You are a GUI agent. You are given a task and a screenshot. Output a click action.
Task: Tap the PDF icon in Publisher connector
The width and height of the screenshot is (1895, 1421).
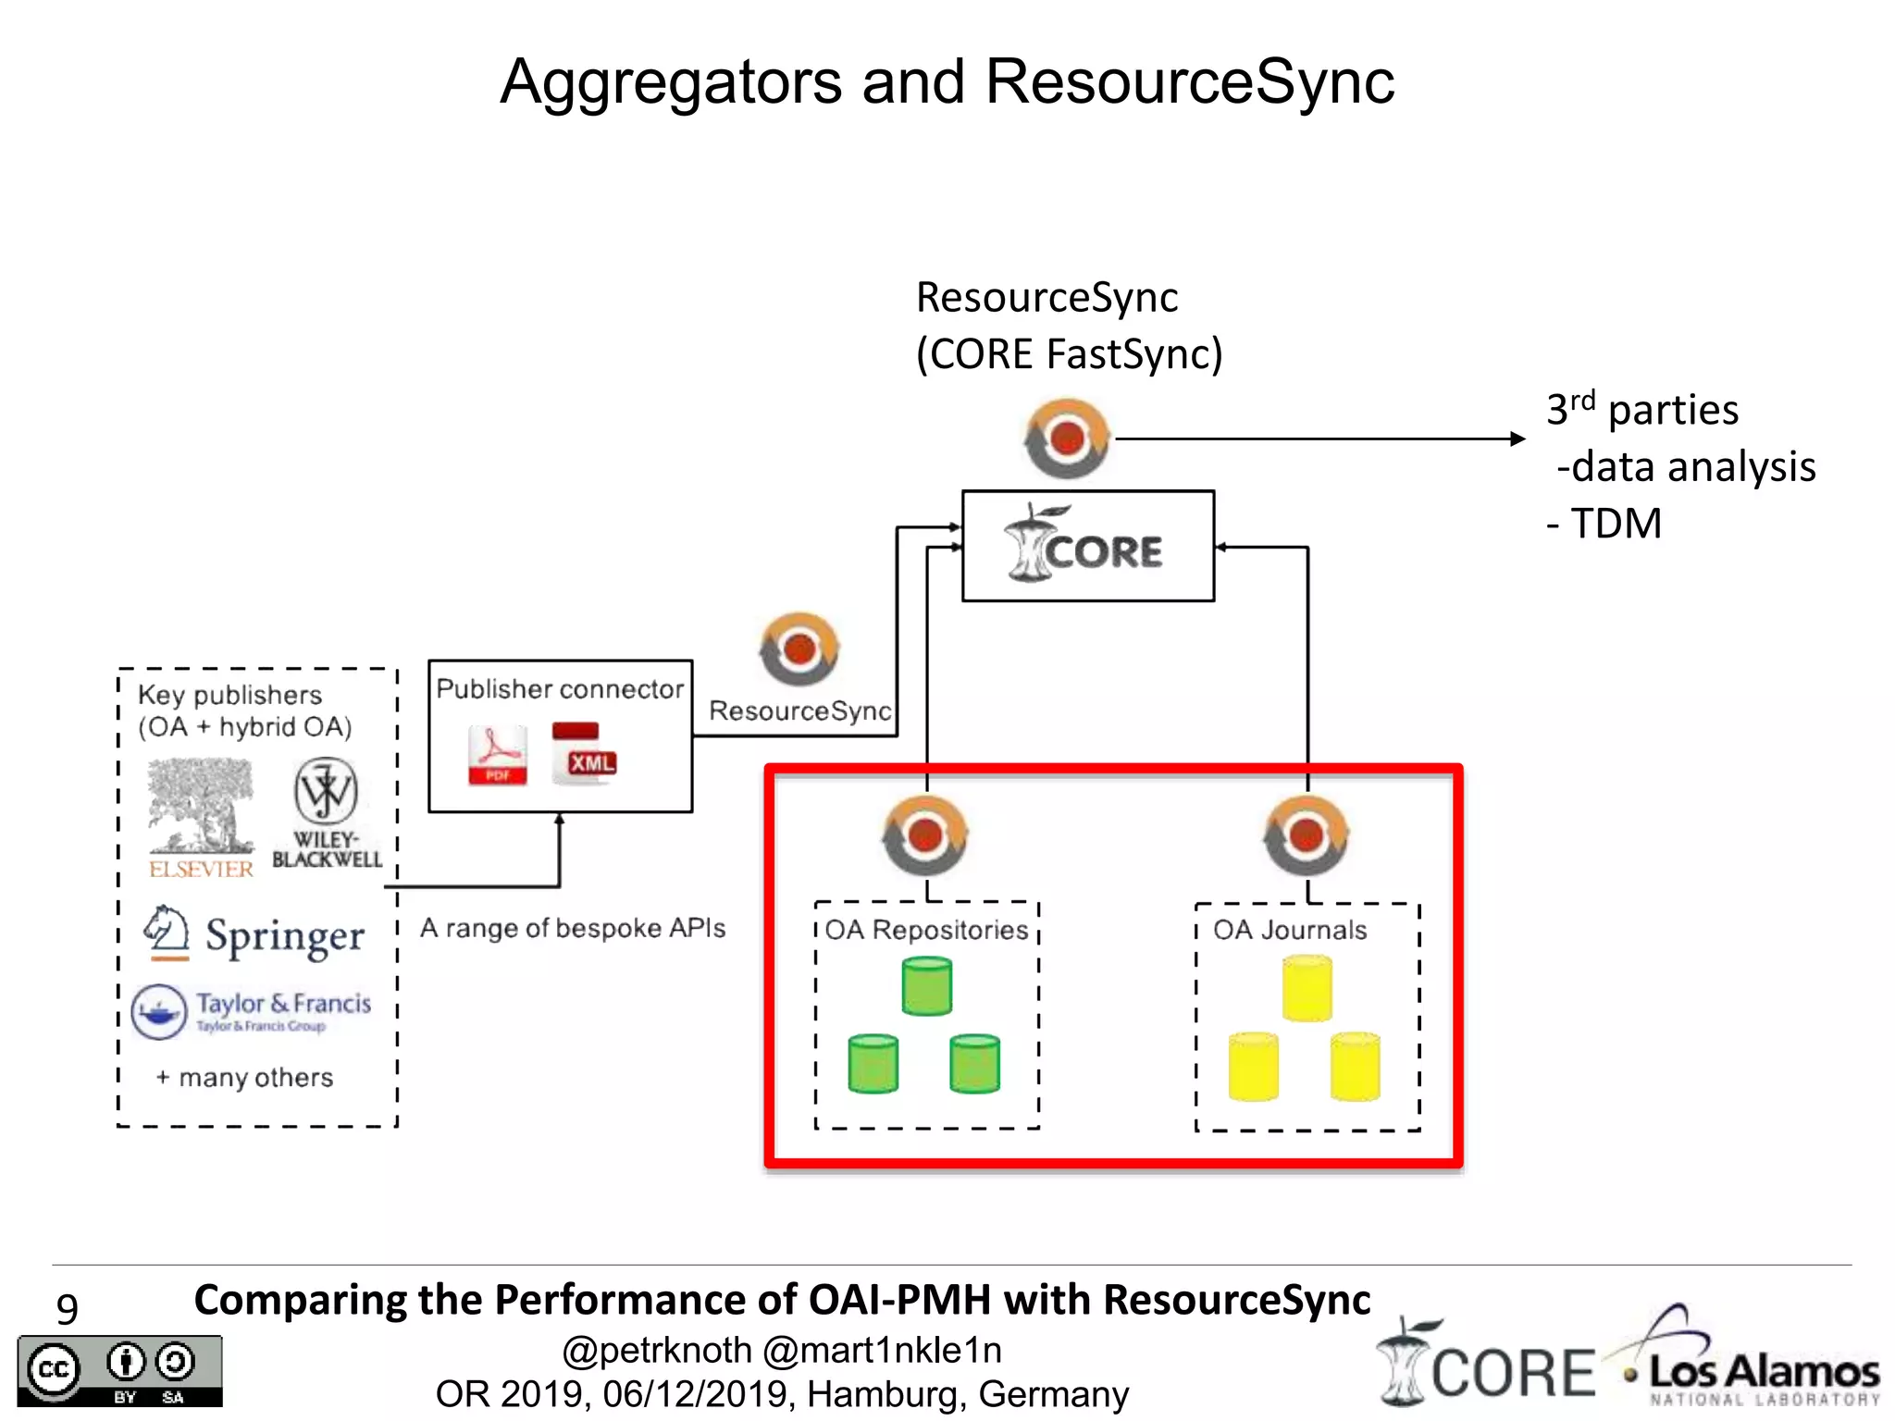click(x=498, y=755)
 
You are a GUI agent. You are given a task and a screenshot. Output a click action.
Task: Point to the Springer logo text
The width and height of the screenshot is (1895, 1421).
click(x=284, y=936)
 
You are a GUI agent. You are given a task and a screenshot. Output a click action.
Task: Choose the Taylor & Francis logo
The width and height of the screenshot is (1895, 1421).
click(x=252, y=1010)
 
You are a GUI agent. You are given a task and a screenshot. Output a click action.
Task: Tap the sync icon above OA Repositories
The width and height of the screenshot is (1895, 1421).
click(x=925, y=835)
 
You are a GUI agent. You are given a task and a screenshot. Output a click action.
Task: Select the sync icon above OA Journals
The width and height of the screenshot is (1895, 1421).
click(x=1306, y=835)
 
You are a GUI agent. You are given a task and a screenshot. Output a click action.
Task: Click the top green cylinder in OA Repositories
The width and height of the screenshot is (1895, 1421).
click(x=926, y=986)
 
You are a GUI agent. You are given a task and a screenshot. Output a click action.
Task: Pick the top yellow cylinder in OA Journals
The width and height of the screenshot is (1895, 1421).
click(x=1307, y=988)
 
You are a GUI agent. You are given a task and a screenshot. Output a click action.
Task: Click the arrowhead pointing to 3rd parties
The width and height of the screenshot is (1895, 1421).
click(x=1517, y=439)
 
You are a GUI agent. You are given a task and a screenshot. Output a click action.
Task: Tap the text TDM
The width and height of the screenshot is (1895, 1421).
click(x=1616, y=524)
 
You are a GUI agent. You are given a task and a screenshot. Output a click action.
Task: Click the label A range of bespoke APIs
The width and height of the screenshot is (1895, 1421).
click(x=573, y=928)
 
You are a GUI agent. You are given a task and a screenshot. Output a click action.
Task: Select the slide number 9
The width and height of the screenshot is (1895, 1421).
click(x=67, y=1308)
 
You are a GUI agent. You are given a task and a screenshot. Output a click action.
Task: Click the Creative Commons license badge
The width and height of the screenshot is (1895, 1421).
click(x=119, y=1371)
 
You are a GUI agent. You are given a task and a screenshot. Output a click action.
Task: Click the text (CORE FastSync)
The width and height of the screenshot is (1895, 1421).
click(x=1069, y=354)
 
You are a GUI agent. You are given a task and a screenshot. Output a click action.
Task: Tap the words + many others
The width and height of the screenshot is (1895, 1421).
click(x=245, y=1078)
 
